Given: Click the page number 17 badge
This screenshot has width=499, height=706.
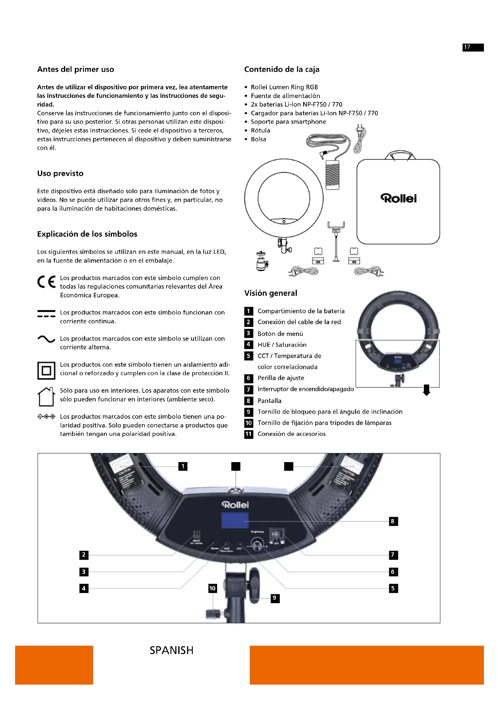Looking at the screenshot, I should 473,47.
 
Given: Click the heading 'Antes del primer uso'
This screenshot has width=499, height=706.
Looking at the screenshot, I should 76,69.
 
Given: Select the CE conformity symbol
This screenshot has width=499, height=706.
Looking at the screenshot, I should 46,282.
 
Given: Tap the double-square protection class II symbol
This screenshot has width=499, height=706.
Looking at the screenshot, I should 46,371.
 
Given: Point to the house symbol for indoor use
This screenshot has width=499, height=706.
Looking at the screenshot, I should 46,397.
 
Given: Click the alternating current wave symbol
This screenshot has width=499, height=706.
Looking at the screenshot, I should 46,339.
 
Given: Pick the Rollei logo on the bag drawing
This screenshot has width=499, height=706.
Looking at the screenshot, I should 399,198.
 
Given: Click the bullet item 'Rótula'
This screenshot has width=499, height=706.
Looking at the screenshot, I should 260,130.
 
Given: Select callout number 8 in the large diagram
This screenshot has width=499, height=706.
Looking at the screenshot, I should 393,522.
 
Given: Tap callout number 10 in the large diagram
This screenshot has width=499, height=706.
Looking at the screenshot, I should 212,589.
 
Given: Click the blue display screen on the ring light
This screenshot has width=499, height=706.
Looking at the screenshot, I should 235,521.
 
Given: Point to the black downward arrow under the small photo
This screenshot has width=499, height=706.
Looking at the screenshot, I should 427,390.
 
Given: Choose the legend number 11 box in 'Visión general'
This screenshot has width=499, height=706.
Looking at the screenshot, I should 249,434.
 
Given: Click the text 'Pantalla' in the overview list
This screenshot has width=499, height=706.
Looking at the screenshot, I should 269,401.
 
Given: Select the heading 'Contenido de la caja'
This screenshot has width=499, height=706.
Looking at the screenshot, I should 282,69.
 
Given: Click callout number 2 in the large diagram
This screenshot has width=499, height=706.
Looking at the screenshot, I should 84,555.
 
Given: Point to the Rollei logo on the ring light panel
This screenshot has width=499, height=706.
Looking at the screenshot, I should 235,505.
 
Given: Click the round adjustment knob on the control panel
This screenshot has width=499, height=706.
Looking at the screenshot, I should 257,545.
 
